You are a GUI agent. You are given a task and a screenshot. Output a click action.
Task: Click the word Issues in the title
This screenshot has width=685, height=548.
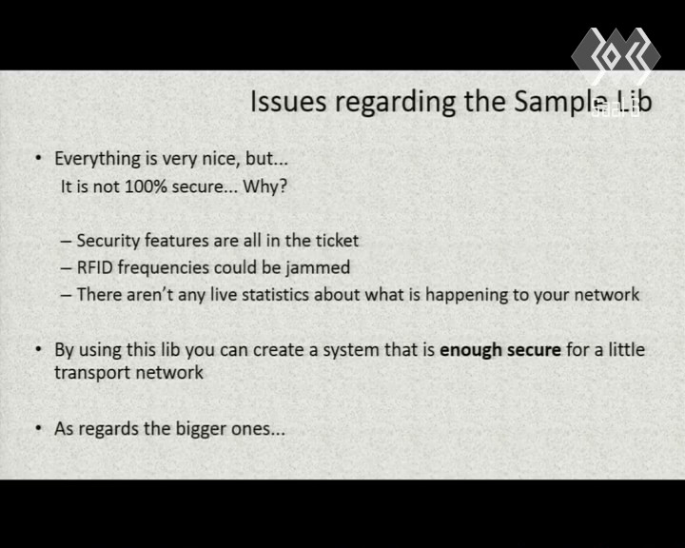tap(288, 102)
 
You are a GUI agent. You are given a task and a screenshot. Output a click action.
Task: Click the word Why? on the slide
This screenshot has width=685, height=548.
tap(265, 186)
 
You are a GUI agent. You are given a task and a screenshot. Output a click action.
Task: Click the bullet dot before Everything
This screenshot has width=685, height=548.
tap(39, 158)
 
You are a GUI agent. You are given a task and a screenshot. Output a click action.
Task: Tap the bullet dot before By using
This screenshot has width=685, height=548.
tap(39, 349)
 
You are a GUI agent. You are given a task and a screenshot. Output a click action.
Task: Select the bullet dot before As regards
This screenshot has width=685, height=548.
tap(39, 428)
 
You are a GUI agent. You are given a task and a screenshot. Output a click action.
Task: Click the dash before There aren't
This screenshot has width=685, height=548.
tap(66, 296)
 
